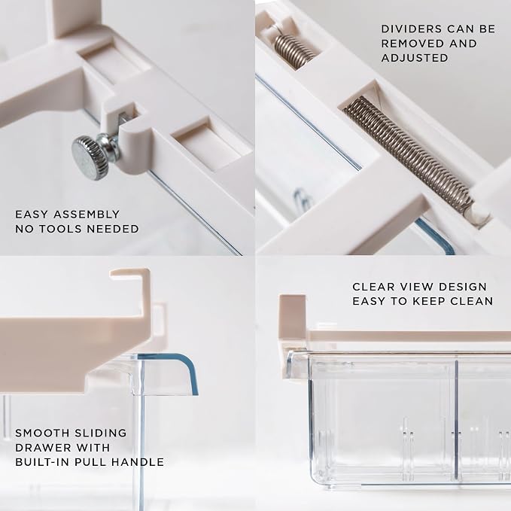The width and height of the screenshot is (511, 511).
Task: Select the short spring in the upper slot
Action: pos(294,51)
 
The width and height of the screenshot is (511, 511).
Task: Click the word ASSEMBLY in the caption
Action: pos(87,214)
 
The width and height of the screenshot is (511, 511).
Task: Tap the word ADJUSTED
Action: pos(415,58)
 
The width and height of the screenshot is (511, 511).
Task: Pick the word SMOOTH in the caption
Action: pos(42,433)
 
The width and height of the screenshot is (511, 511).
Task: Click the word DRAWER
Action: pos(42,448)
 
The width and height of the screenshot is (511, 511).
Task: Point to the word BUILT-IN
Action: pos(44,462)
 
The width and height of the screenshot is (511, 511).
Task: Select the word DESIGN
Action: pos(462,287)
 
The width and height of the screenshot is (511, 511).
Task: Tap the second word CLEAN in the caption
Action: pos(472,301)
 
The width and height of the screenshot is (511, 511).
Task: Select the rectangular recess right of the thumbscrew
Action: pos(208,143)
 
